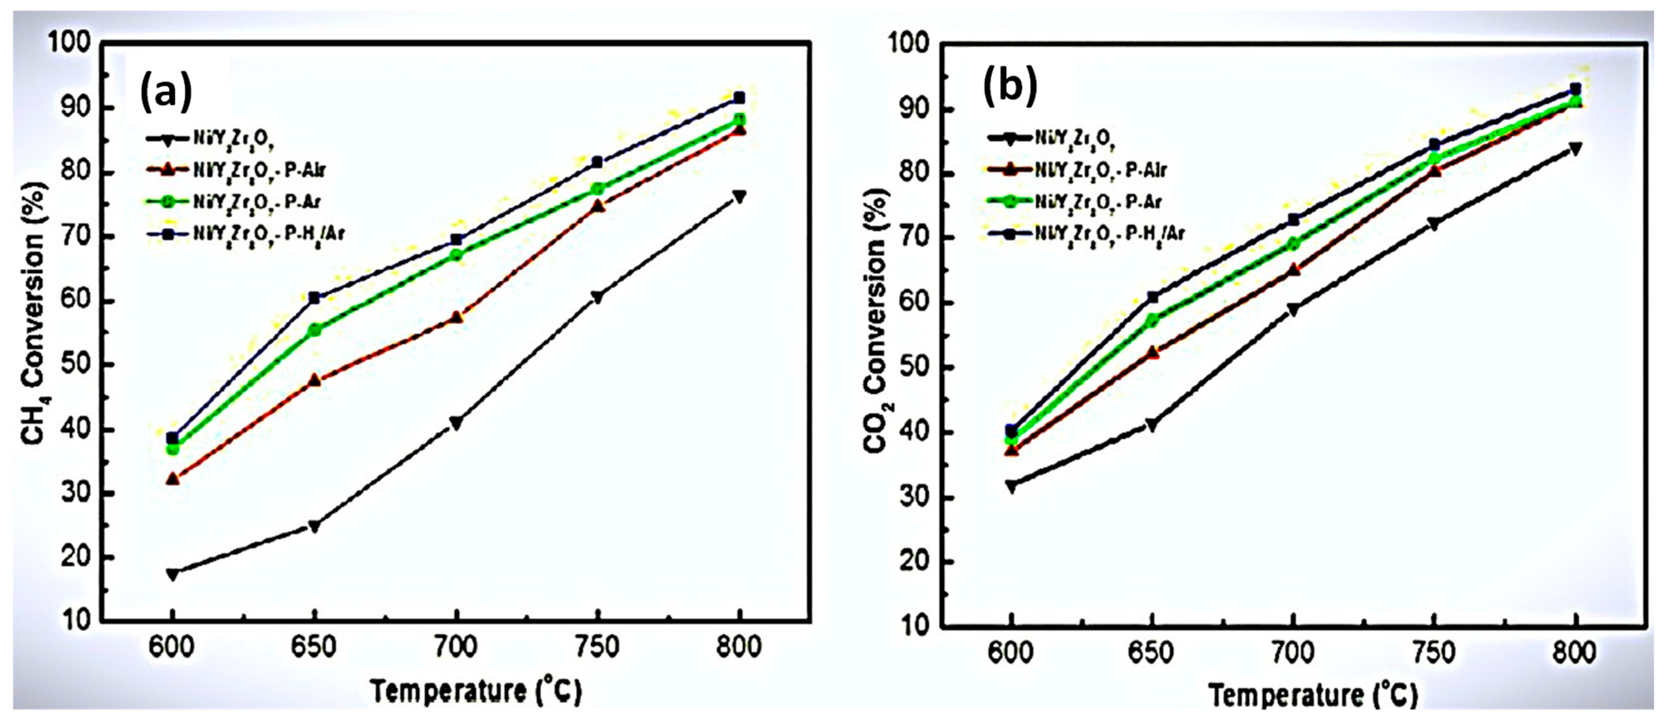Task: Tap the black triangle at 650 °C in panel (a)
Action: click(x=314, y=526)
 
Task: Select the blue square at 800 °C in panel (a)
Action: click(x=739, y=98)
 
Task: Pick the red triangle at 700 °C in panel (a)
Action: click(x=456, y=317)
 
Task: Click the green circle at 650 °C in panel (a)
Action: click(x=314, y=330)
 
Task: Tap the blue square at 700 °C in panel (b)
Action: click(x=1294, y=219)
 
